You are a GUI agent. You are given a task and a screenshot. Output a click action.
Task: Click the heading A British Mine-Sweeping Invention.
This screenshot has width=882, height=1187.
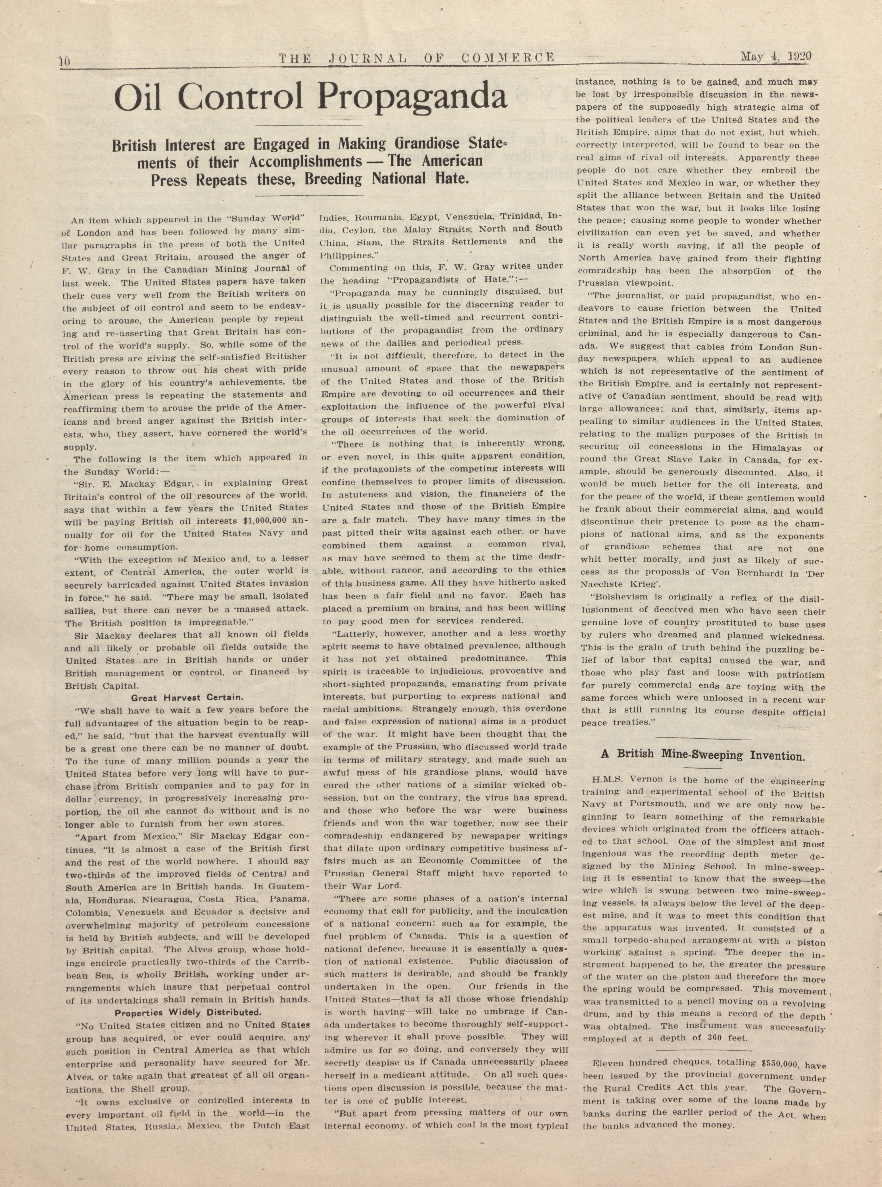702,755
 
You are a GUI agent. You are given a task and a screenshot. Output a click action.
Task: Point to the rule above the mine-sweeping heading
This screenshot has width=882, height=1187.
702,738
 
